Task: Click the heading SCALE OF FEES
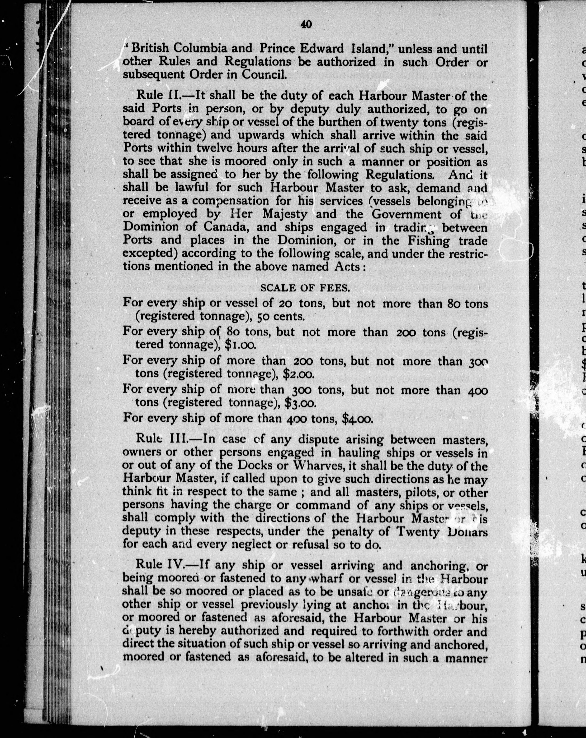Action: click(x=305, y=288)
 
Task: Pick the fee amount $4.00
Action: click(x=357, y=418)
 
